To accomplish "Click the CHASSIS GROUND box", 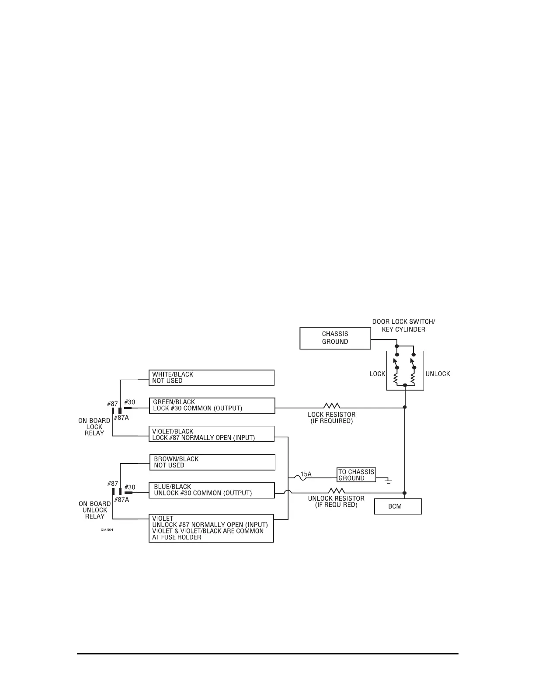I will pyautogui.click(x=335, y=338).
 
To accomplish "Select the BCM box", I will pyautogui.click(x=398, y=506).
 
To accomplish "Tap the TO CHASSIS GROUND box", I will pyautogui.click(x=356, y=475).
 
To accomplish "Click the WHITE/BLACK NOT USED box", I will pyautogui.click(x=212, y=378).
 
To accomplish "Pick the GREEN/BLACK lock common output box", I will pyautogui.click(x=212, y=405).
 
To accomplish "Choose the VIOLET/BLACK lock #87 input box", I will pyautogui.click(x=212, y=434).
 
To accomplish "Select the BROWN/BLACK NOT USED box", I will pyautogui.click(x=212, y=462).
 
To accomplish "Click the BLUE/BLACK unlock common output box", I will pyautogui.click(x=212, y=490).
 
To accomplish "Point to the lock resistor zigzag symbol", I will pyautogui.click(x=332, y=407).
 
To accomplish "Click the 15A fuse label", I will pyautogui.click(x=306, y=474).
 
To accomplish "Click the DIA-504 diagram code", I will pyautogui.click(x=107, y=529).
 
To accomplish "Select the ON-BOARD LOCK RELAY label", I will pyautogui.click(x=94, y=427).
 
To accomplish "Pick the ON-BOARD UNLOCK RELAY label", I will pyautogui.click(x=94, y=510).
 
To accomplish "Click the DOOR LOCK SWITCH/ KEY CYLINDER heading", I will pyautogui.click(x=403, y=325).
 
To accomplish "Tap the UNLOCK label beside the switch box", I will pyautogui.click(x=438, y=374).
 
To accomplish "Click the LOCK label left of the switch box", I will pyautogui.click(x=377, y=374).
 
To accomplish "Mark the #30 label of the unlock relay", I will pyautogui.click(x=130, y=487).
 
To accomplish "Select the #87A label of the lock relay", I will pyautogui.click(x=122, y=418).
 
